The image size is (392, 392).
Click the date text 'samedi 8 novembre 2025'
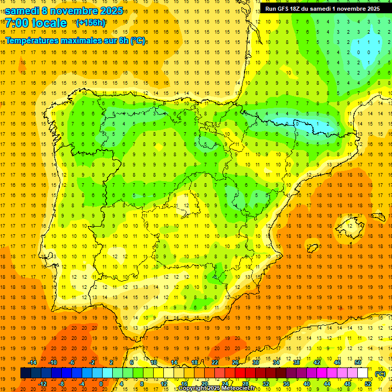pos(64,11)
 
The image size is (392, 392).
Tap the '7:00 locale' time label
pos(36,23)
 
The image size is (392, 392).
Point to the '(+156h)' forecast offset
pos(91,23)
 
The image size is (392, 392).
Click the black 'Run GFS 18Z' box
pos(322,9)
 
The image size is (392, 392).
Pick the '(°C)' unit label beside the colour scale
pos(380,374)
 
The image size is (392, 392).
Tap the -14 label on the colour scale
pos(32,362)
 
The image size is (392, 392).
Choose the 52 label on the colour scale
pos(368,384)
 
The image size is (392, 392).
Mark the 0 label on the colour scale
pos(101,384)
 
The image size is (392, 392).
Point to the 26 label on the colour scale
pos(235,362)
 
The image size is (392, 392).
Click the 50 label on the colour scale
pos(358,362)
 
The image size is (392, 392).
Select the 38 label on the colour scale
pos(297,362)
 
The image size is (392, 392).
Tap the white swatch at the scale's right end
pos(363,373)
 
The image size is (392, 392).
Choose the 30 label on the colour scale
pos(256,362)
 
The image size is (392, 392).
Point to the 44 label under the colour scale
pos(327,384)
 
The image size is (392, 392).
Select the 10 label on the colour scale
pos(154,362)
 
